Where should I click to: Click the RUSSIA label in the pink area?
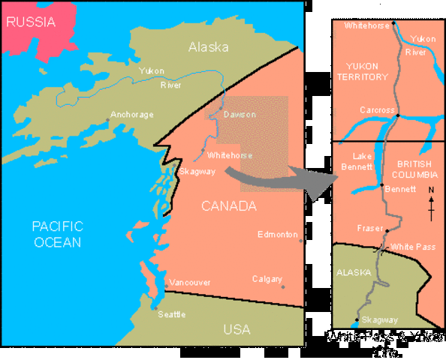tap(31, 22)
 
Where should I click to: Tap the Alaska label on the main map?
tap(208, 46)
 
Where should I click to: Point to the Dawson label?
tap(240, 115)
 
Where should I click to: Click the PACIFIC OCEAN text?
tap(57, 233)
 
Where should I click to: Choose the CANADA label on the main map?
tap(229, 205)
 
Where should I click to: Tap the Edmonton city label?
tap(277, 235)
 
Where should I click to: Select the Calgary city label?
tap(267, 278)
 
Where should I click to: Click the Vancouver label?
tap(189, 282)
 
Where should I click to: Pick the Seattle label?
tap(171, 314)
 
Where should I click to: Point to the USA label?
tap(237, 329)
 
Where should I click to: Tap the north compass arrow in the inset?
tap(431, 203)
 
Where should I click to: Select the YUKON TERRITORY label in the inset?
tap(363, 71)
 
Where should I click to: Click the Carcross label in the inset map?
tap(376, 110)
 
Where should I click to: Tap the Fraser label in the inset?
tap(370, 227)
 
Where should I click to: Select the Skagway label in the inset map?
tap(379, 319)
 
